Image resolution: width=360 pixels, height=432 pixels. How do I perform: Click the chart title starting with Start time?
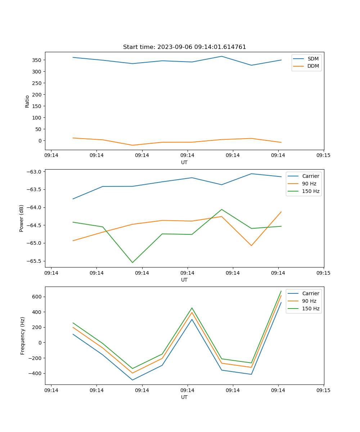pos(184,47)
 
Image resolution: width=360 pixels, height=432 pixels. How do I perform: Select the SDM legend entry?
pos(313,59)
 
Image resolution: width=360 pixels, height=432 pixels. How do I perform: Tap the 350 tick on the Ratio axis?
pos(37,60)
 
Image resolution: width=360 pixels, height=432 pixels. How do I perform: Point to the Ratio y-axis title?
pos(27,102)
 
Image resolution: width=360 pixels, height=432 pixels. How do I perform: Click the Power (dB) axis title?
pos(22,218)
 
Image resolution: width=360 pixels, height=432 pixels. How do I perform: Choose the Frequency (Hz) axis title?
pos(23,336)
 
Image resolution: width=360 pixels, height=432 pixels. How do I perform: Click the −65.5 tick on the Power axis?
pos(33,261)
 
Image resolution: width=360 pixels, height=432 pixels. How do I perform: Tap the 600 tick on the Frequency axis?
pos(37,297)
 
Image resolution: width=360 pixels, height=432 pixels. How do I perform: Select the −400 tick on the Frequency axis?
pos(35,373)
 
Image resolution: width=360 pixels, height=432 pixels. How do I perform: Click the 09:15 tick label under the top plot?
pos(323,156)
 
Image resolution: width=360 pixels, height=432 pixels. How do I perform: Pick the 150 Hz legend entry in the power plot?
pos(311,191)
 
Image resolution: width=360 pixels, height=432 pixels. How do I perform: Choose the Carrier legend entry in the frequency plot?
pos(310,293)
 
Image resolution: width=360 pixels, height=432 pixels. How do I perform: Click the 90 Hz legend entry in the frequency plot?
pos(309,301)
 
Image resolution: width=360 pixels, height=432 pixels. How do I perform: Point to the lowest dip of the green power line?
pos(132,262)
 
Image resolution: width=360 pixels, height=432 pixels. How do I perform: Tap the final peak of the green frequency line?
pos(281,291)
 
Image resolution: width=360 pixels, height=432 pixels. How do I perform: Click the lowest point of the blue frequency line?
pos(132,380)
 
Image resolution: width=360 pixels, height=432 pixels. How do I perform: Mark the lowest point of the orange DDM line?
pos(132,145)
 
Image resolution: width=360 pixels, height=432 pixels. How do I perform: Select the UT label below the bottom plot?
pos(184,397)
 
